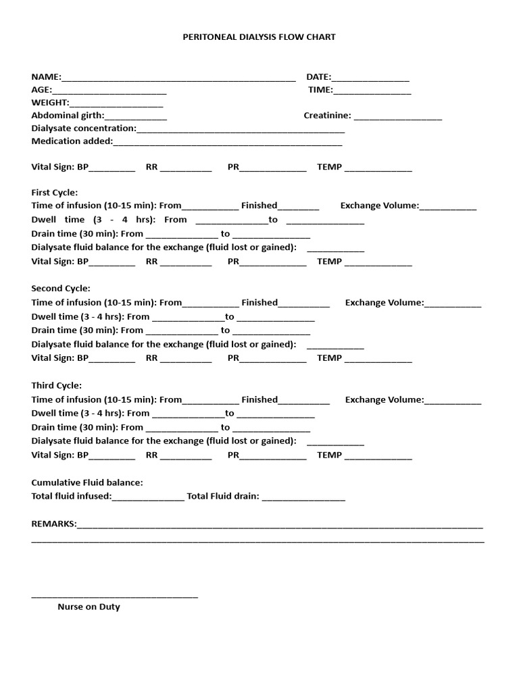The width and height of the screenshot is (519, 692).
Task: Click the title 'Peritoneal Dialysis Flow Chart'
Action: pos(259,37)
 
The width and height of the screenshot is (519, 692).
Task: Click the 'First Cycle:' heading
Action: pos(55,193)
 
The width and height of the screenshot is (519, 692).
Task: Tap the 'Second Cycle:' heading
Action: pos(61,289)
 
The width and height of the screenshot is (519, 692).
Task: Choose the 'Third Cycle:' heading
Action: pos(57,385)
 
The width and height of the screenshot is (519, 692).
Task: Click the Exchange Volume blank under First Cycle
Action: pos(447,207)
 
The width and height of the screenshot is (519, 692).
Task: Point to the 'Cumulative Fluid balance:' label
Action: pos(87,483)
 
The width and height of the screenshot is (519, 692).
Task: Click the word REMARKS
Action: pos(53,524)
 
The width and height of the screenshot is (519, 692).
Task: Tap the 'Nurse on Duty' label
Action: pos(89,607)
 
